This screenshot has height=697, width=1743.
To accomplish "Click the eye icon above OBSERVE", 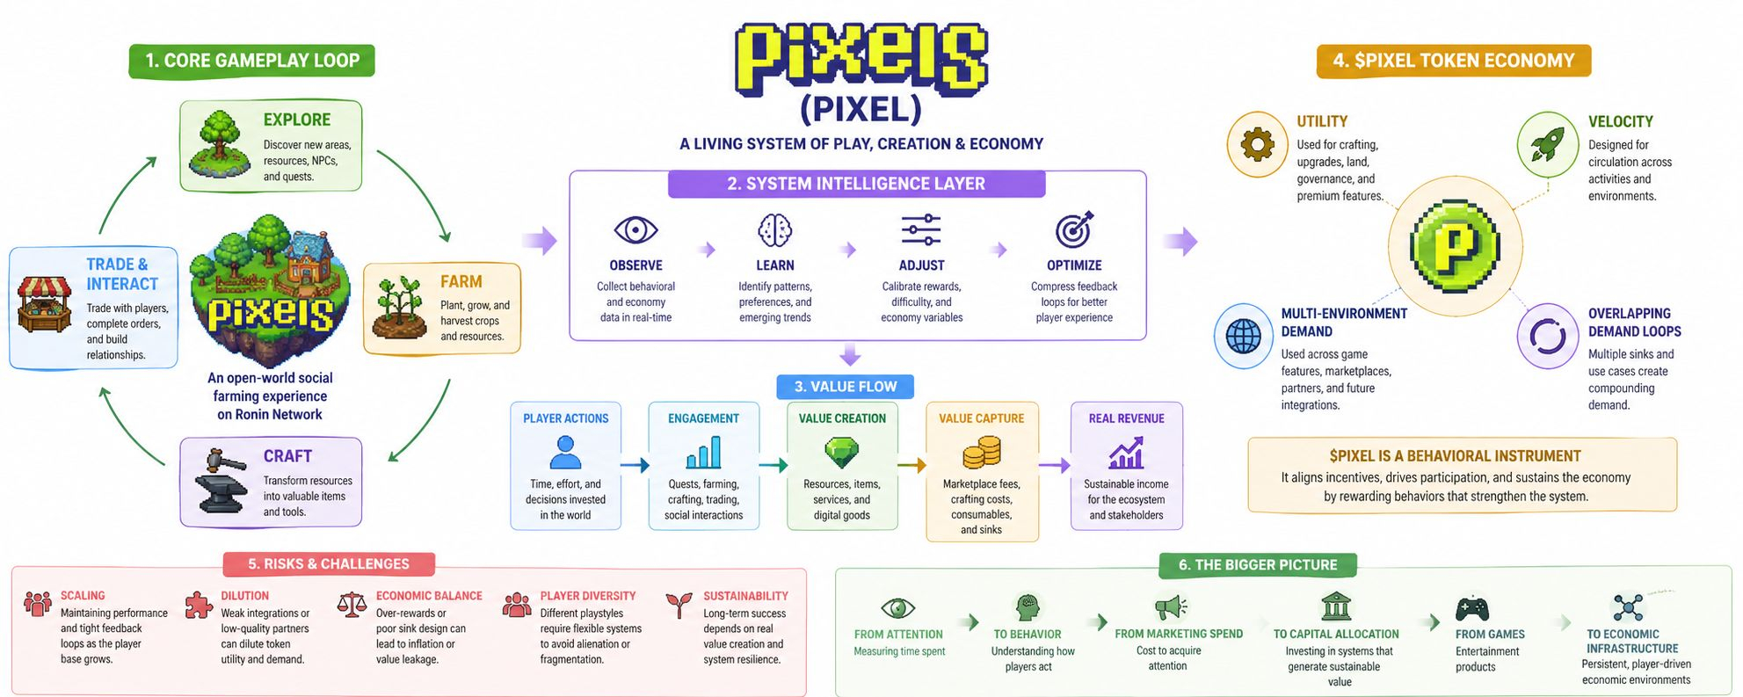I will (x=635, y=230).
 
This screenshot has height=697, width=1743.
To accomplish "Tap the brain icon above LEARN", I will (x=774, y=230).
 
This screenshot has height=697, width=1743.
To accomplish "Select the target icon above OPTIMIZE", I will (x=1074, y=229).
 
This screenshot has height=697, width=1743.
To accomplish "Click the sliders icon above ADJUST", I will (x=921, y=230).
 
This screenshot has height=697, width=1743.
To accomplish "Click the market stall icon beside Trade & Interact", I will (x=45, y=304).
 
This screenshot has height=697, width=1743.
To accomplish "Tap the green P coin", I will (x=1455, y=244).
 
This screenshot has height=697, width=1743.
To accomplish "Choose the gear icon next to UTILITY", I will (x=1257, y=144).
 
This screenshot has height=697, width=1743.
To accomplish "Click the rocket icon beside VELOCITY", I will (x=1547, y=144).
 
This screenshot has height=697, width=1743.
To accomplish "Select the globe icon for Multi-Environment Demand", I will (x=1243, y=336).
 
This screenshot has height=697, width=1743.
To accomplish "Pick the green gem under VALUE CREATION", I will (x=841, y=453).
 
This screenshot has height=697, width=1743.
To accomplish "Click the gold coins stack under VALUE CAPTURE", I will (x=981, y=454).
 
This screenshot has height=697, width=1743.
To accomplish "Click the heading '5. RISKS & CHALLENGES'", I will (x=328, y=564).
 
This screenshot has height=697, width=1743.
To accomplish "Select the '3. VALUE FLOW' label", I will (x=845, y=387).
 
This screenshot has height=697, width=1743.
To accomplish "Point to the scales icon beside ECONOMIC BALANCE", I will (x=352, y=605).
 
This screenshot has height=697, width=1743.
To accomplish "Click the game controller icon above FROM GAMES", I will (x=1471, y=608).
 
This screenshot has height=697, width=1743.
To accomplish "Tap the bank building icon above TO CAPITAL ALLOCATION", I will (x=1336, y=606).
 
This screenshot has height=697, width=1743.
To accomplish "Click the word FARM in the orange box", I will (x=461, y=282).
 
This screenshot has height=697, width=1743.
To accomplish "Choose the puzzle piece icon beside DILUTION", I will (x=199, y=605).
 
